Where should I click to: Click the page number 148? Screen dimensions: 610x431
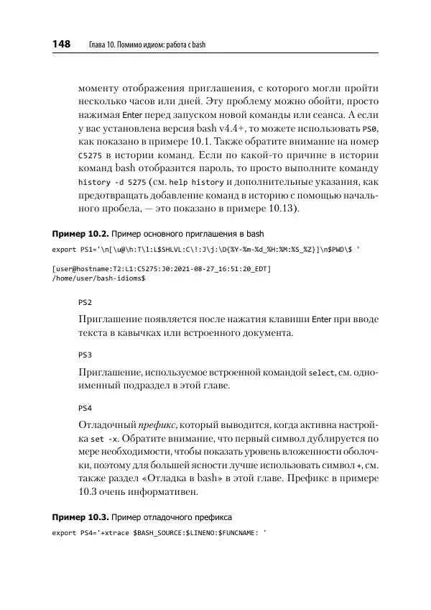point(60,45)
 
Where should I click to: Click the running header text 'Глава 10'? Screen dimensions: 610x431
point(104,45)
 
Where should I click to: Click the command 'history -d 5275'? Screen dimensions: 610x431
point(109,182)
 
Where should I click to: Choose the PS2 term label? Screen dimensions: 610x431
point(85,303)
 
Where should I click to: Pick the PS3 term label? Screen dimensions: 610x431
point(85,355)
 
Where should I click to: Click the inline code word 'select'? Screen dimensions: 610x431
point(321,372)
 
